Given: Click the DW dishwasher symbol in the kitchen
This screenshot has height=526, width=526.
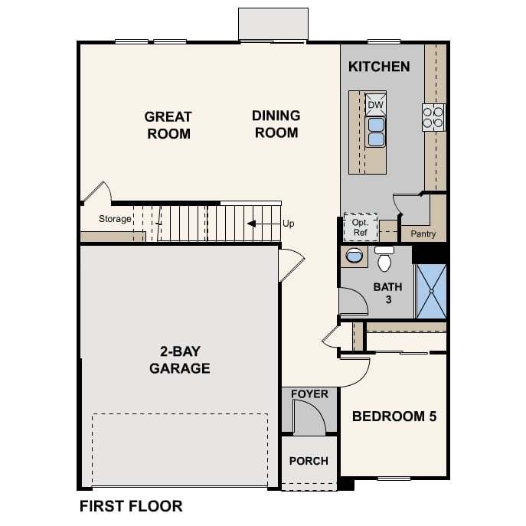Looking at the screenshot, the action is (x=375, y=105).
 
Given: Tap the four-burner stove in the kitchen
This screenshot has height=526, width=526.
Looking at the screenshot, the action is (x=433, y=117).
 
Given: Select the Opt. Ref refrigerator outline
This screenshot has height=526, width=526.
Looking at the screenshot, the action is (x=361, y=227).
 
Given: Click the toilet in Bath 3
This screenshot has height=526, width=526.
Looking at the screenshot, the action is (x=384, y=259).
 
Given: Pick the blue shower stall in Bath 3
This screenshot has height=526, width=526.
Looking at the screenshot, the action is (x=431, y=291).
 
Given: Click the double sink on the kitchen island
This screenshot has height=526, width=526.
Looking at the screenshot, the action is (x=376, y=132).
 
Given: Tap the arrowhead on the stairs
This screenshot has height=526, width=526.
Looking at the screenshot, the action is (x=252, y=224).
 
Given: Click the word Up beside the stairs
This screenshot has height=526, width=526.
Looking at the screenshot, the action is (x=288, y=224).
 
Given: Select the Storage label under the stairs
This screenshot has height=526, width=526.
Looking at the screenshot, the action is (x=115, y=219).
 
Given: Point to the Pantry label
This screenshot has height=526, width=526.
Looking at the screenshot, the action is (x=423, y=234).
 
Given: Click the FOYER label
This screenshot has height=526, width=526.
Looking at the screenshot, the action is (x=309, y=394).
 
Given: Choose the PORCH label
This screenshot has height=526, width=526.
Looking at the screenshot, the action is (x=309, y=461).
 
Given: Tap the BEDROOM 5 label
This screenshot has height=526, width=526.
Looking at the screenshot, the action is (x=394, y=417).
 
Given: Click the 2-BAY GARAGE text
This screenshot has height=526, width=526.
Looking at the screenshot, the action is (x=180, y=360).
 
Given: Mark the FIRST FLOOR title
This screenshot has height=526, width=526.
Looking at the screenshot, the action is (x=131, y=506).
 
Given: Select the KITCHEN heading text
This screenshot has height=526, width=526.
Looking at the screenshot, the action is (x=379, y=67).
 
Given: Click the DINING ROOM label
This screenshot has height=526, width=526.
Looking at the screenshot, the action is (x=276, y=124).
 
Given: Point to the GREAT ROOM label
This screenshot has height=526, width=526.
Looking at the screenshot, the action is (x=168, y=125).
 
